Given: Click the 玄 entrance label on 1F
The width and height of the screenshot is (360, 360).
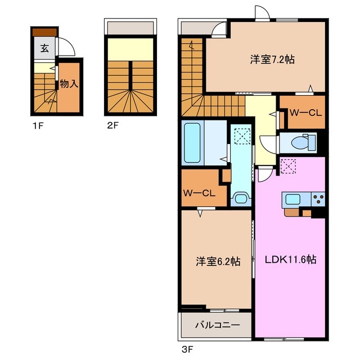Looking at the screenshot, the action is [x=44, y=48].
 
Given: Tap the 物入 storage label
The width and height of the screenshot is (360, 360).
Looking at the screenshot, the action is [x=69, y=84].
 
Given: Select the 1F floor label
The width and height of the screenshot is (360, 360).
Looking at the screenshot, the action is [x=38, y=126].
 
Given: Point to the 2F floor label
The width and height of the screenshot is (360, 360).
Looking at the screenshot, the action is [x=112, y=125].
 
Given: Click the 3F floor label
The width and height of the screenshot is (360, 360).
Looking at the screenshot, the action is [x=187, y=350].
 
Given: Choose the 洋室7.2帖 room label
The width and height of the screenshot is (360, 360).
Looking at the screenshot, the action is [x=272, y=60].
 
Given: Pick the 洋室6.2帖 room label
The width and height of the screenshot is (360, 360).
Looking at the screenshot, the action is [x=218, y=261].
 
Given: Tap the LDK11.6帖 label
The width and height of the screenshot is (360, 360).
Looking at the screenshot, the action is [x=291, y=259].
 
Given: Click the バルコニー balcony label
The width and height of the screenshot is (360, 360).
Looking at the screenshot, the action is [x=218, y=325].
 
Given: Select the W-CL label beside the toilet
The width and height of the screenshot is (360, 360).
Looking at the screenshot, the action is [x=305, y=112].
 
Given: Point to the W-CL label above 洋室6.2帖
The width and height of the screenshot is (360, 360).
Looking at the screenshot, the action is [x=199, y=193].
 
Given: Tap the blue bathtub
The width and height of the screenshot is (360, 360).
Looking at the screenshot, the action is [x=192, y=143].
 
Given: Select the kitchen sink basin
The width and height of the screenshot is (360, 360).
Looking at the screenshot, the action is [x=292, y=199].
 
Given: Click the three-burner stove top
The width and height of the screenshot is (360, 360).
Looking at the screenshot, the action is [x=318, y=199].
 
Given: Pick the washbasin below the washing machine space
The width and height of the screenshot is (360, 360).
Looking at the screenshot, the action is [x=241, y=198].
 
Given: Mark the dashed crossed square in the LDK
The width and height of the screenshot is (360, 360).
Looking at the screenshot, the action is [x=288, y=166].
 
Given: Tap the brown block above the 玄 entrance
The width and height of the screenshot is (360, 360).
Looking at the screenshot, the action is [x=44, y=32].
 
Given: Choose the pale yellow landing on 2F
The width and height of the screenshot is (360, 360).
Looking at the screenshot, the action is [x=130, y=49].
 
